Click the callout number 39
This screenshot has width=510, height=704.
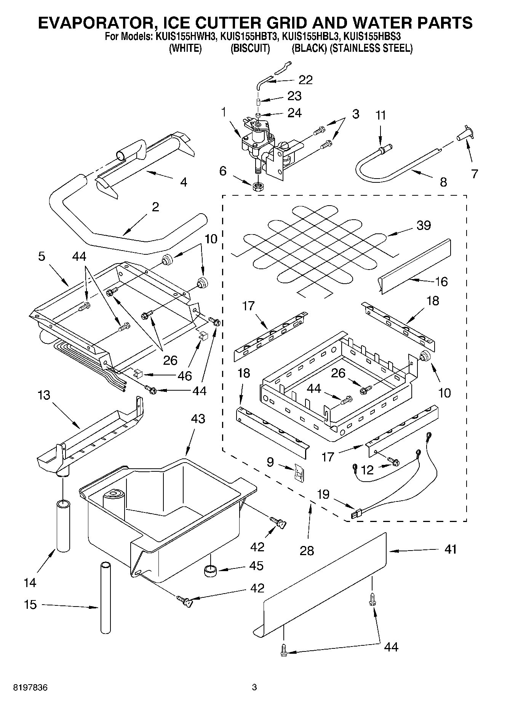[x=423, y=225]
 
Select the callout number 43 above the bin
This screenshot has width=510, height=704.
[x=198, y=419]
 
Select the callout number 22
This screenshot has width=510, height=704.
[x=305, y=80]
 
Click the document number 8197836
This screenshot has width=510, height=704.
[x=30, y=688]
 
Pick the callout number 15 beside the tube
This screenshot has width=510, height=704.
[x=30, y=604]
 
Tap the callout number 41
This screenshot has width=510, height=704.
[x=450, y=549]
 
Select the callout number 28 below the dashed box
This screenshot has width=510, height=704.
[x=307, y=550]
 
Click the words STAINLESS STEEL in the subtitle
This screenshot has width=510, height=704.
[x=372, y=48]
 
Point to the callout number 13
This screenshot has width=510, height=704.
[x=44, y=395]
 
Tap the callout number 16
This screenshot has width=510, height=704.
[x=441, y=282]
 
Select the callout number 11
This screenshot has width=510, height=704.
[x=380, y=115]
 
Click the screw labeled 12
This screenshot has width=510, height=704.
[x=394, y=462]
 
